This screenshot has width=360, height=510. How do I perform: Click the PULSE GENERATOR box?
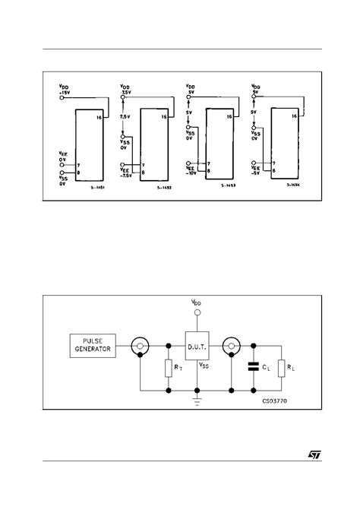pos(92,346)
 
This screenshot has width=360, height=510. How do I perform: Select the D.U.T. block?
pos(197,348)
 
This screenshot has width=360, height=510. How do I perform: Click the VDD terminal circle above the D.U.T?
pos(197,312)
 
